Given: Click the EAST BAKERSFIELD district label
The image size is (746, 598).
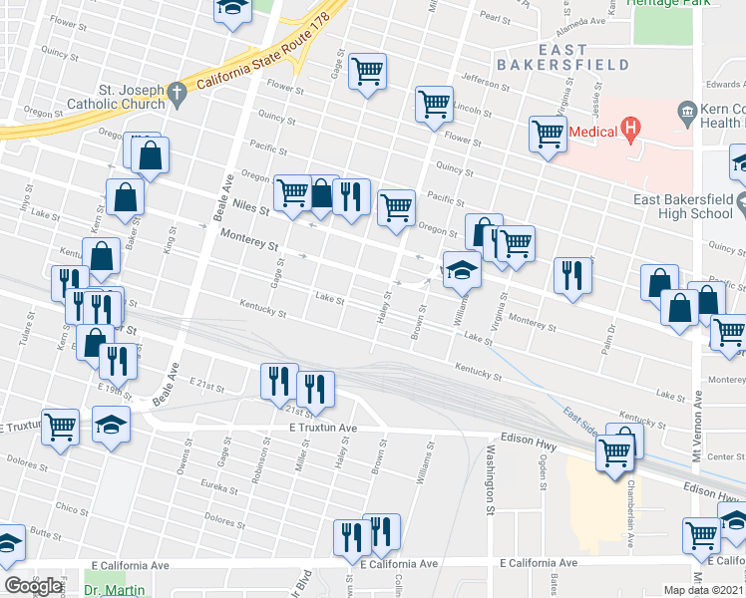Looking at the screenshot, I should click(583, 56).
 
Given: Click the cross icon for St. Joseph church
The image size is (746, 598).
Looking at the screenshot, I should click(178, 95).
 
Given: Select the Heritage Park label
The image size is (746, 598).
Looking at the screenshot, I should click(667, 4).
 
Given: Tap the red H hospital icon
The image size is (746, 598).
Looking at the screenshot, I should click(629, 128).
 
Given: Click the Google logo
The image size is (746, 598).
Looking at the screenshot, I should click(33, 586).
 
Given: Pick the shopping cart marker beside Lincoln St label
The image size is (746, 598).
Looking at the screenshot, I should click(434, 105).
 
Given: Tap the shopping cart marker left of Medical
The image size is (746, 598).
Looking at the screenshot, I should click(549, 133).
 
